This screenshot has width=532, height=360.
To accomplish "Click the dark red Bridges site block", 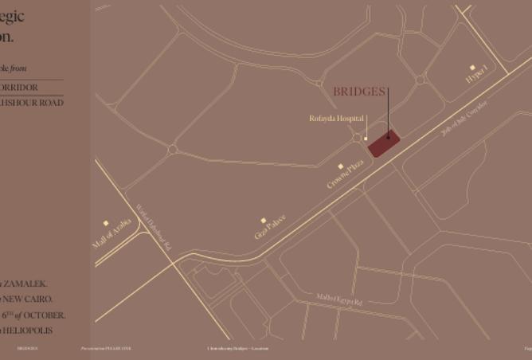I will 383,143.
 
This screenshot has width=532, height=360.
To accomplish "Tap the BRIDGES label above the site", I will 359,92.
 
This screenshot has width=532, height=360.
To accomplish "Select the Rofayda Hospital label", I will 336,119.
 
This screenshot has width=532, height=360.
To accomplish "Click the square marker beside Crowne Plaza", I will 340,166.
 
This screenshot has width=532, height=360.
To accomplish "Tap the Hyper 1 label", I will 477,76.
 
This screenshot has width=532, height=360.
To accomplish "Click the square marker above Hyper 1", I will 472,68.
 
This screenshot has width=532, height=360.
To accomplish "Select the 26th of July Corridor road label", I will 464,119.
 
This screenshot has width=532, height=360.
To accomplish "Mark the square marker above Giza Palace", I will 264,221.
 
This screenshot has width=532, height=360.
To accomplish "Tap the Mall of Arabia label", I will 111,235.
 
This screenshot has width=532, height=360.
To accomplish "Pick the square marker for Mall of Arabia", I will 106,223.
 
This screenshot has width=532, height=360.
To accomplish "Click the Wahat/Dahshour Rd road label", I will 154,228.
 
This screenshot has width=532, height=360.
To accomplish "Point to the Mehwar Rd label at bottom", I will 338,300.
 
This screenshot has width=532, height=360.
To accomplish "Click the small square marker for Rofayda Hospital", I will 366,139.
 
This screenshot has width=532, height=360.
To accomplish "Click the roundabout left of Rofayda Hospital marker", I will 356,138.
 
